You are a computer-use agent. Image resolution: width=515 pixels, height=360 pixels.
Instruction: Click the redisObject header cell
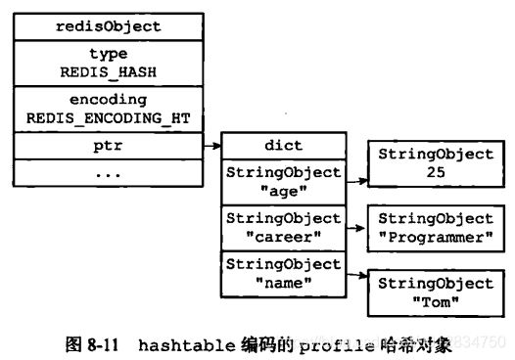point(107,25)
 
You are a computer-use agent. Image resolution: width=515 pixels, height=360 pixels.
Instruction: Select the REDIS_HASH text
point(109,70)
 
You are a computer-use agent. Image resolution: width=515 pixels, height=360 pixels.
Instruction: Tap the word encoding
point(109,99)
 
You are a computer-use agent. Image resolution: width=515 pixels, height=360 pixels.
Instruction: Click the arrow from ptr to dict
point(211,146)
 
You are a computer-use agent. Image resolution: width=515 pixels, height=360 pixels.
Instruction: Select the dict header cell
point(284,146)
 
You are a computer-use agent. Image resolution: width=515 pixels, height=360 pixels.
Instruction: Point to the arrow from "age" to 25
point(355,181)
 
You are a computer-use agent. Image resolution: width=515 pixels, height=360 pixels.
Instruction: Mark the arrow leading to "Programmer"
point(355,227)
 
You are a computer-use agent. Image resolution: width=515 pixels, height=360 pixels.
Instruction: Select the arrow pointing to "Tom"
point(355,275)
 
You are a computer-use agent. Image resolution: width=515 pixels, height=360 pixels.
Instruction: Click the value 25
point(436,172)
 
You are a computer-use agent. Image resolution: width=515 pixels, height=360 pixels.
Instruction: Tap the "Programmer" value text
point(436,236)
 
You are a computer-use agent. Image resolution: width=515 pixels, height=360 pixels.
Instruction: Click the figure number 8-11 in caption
point(104,343)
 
